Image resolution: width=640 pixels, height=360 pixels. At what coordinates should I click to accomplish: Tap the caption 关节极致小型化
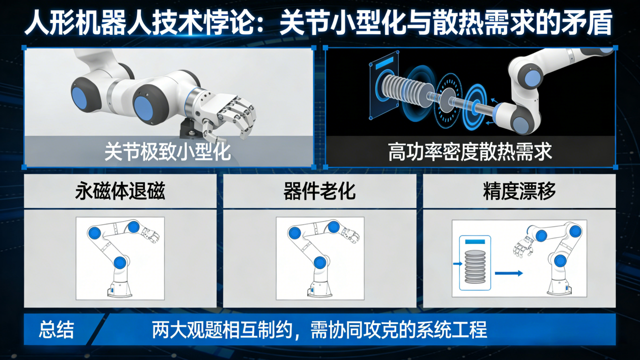point(168,151)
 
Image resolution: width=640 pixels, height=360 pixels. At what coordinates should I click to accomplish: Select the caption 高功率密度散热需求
point(470,151)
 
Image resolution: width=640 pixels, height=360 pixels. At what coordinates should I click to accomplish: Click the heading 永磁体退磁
point(120,191)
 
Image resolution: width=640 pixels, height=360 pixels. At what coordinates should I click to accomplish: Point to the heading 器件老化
point(319,191)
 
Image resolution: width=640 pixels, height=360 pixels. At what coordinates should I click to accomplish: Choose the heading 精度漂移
point(519,191)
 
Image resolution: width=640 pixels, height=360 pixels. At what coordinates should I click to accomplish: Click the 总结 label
point(57,330)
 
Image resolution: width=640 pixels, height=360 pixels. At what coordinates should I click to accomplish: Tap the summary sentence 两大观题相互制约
point(319,330)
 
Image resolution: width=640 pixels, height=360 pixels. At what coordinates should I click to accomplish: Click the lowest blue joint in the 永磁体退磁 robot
point(120,262)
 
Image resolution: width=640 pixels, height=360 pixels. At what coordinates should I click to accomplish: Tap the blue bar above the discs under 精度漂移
point(474,242)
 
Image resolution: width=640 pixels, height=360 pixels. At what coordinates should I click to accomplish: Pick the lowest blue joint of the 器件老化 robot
point(320,262)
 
